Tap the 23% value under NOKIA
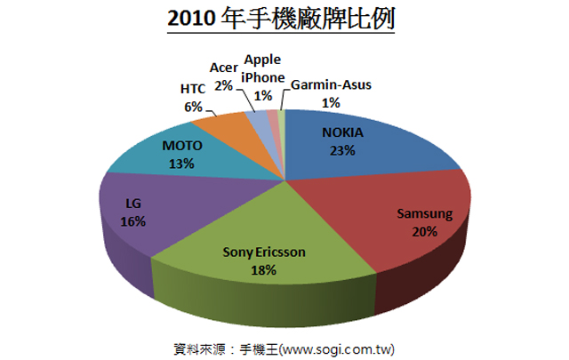343,151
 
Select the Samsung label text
424,214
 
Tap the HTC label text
192,89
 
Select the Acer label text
223,68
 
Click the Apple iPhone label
262,68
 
